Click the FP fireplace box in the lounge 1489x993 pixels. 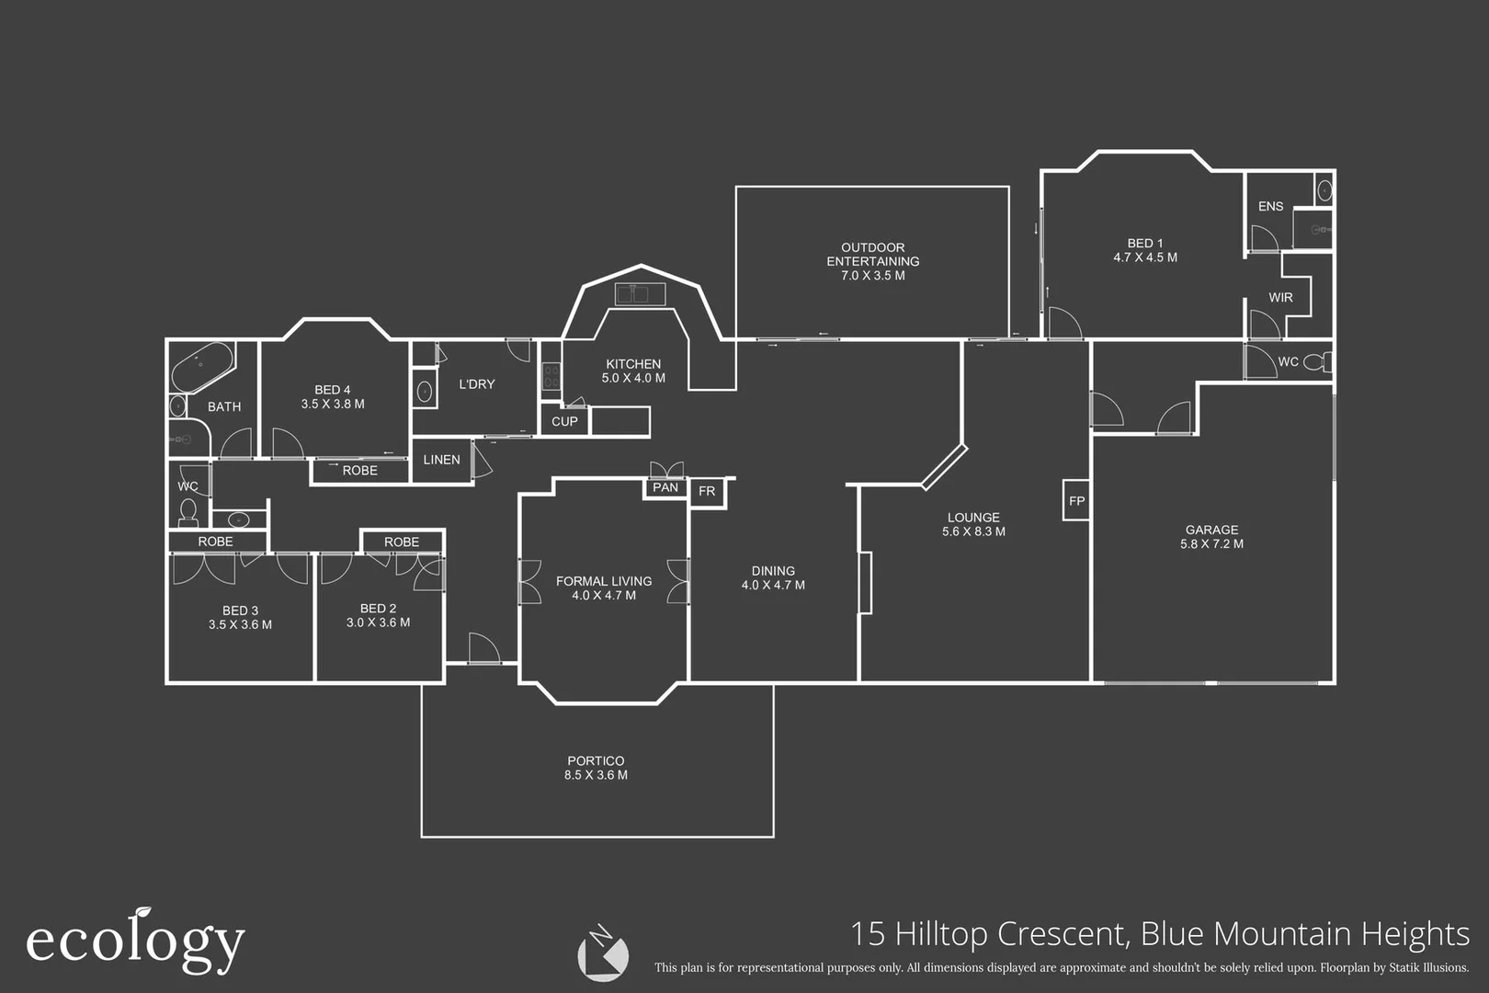[x=1076, y=501]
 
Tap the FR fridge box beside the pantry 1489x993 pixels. [x=707, y=492]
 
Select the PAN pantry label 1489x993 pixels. [x=665, y=488]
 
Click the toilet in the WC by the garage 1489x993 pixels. [x=1317, y=361]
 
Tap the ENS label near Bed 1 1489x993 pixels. [x=1270, y=207]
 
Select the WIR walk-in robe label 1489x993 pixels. [x=1280, y=298]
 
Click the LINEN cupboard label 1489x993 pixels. [x=441, y=460]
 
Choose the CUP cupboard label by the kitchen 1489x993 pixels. [x=564, y=422]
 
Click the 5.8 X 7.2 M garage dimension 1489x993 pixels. [x=1211, y=544]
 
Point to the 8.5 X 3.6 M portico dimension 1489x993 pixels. [x=596, y=775]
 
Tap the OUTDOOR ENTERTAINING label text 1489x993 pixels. [x=872, y=255]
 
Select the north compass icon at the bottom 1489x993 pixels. [x=603, y=953]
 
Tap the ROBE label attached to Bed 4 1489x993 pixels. [x=359, y=471]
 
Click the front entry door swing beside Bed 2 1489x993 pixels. [x=483, y=648]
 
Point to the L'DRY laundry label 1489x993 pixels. [x=476, y=384]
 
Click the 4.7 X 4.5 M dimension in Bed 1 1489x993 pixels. [x=1144, y=258]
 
